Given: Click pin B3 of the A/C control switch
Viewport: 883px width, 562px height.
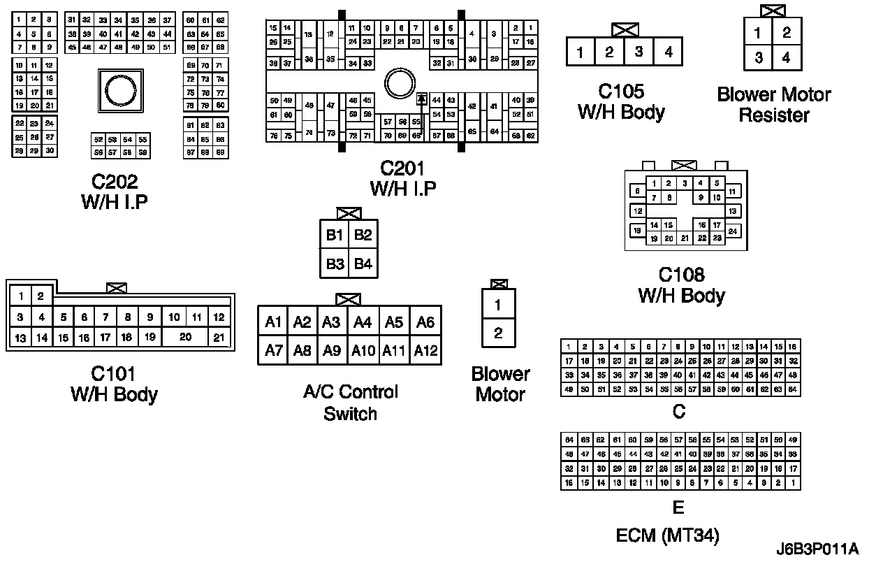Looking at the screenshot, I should tap(335, 264).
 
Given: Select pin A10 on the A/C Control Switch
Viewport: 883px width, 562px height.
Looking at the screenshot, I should tap(363, 350).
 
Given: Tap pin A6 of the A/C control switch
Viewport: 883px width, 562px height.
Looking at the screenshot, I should tap(425, 322).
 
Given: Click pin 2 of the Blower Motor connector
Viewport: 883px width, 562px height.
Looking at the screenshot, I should tap(498, 333).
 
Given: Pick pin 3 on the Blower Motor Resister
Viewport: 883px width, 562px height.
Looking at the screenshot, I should tap(759, 58).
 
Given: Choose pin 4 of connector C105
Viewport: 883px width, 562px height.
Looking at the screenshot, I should tap(669, 52).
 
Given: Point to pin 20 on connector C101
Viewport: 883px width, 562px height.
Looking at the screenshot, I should tap(185, 337).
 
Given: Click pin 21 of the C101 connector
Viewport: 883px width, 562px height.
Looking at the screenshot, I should tap(219, 337).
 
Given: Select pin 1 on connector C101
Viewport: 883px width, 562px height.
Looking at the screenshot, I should tap(22, 297).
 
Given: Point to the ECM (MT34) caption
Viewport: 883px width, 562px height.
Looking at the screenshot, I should tap(667, 535).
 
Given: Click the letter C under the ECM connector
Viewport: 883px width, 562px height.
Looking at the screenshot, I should tap(678, 412).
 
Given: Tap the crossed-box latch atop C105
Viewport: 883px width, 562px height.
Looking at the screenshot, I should tap(624, 30).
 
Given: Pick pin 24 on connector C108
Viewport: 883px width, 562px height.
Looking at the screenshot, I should tap(733, 231).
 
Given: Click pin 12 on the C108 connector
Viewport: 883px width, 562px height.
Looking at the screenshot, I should tap(637, 210).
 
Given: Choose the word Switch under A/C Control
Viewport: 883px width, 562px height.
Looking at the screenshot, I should tap(350, 413).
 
